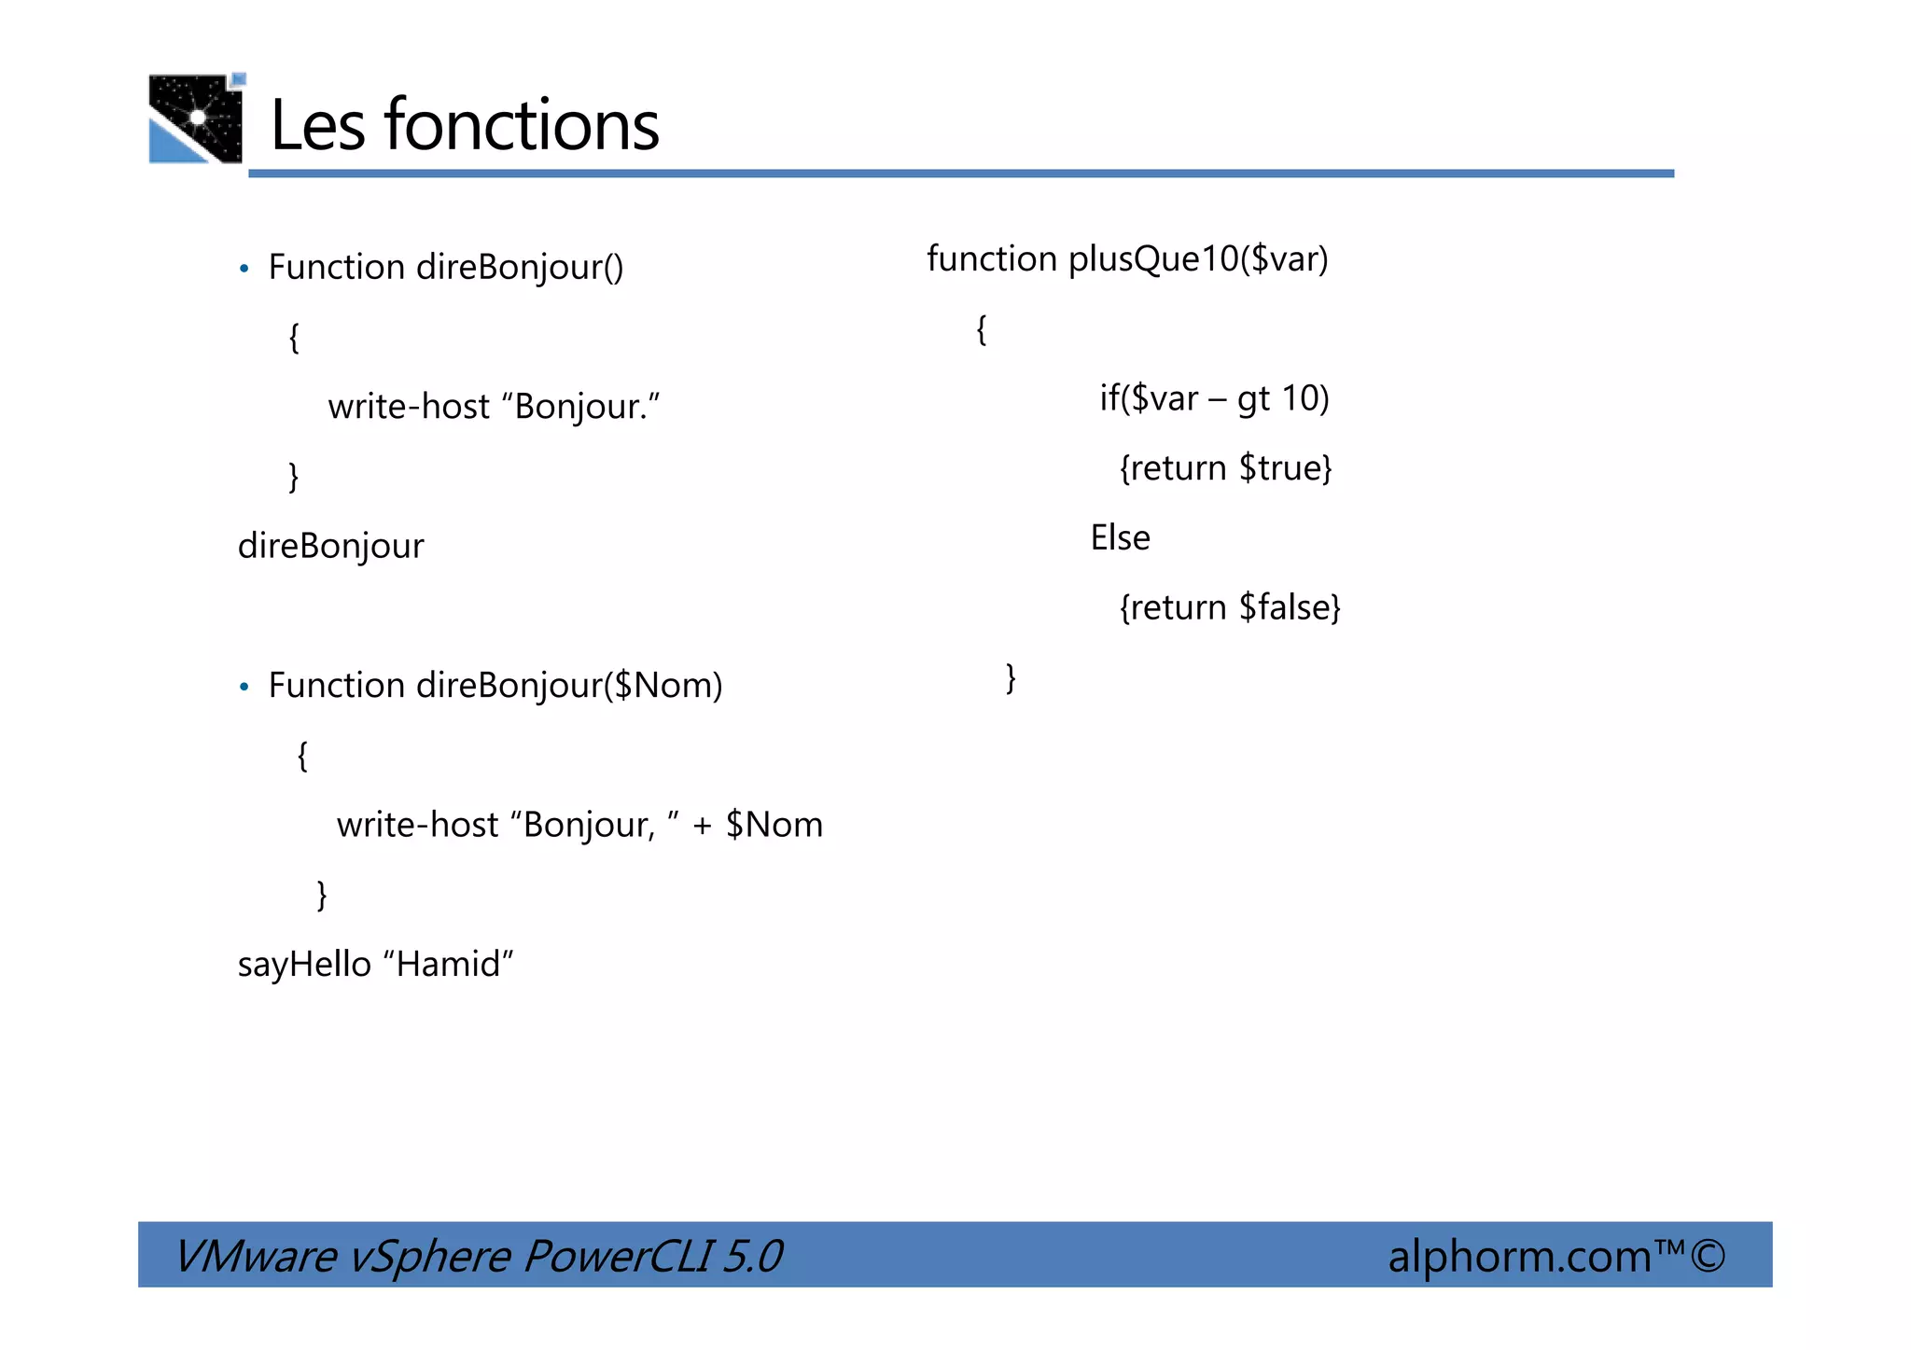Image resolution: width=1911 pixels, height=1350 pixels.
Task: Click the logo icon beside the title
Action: pyautogui.click(x=196, y=118)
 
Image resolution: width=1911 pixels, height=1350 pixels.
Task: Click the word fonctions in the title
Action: pyautogui.click(x=522, y=125)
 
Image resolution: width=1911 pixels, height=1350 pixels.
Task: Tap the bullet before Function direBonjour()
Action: pyautogui.click(x=244, y=270)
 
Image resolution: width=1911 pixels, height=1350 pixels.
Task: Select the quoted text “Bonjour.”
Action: pyautogui.click(x=580, y=407)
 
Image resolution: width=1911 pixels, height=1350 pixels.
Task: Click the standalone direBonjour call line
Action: pyautogui.click(x=330, y=546)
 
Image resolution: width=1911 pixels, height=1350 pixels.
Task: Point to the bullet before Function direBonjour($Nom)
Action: pyautogui.click(x=244, y=688)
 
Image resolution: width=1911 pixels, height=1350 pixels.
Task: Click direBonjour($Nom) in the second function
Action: pyautogui.click(x=569, y=686)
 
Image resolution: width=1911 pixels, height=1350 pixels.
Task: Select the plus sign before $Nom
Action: pyautogui.click(x=702, y=826)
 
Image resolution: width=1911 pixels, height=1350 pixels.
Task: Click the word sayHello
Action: pyautogui.click(x=304, y=965)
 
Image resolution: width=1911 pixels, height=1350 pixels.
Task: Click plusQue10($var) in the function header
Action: pyautogui.click(x=1198, y=259)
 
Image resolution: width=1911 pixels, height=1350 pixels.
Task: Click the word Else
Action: pyautogui.click(x=1120, y=538)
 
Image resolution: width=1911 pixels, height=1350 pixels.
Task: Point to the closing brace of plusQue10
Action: pyautogui.click(x=1011, y=677)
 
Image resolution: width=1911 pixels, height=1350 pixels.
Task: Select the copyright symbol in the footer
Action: pyautogui.click(x=1708, y=1256)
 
